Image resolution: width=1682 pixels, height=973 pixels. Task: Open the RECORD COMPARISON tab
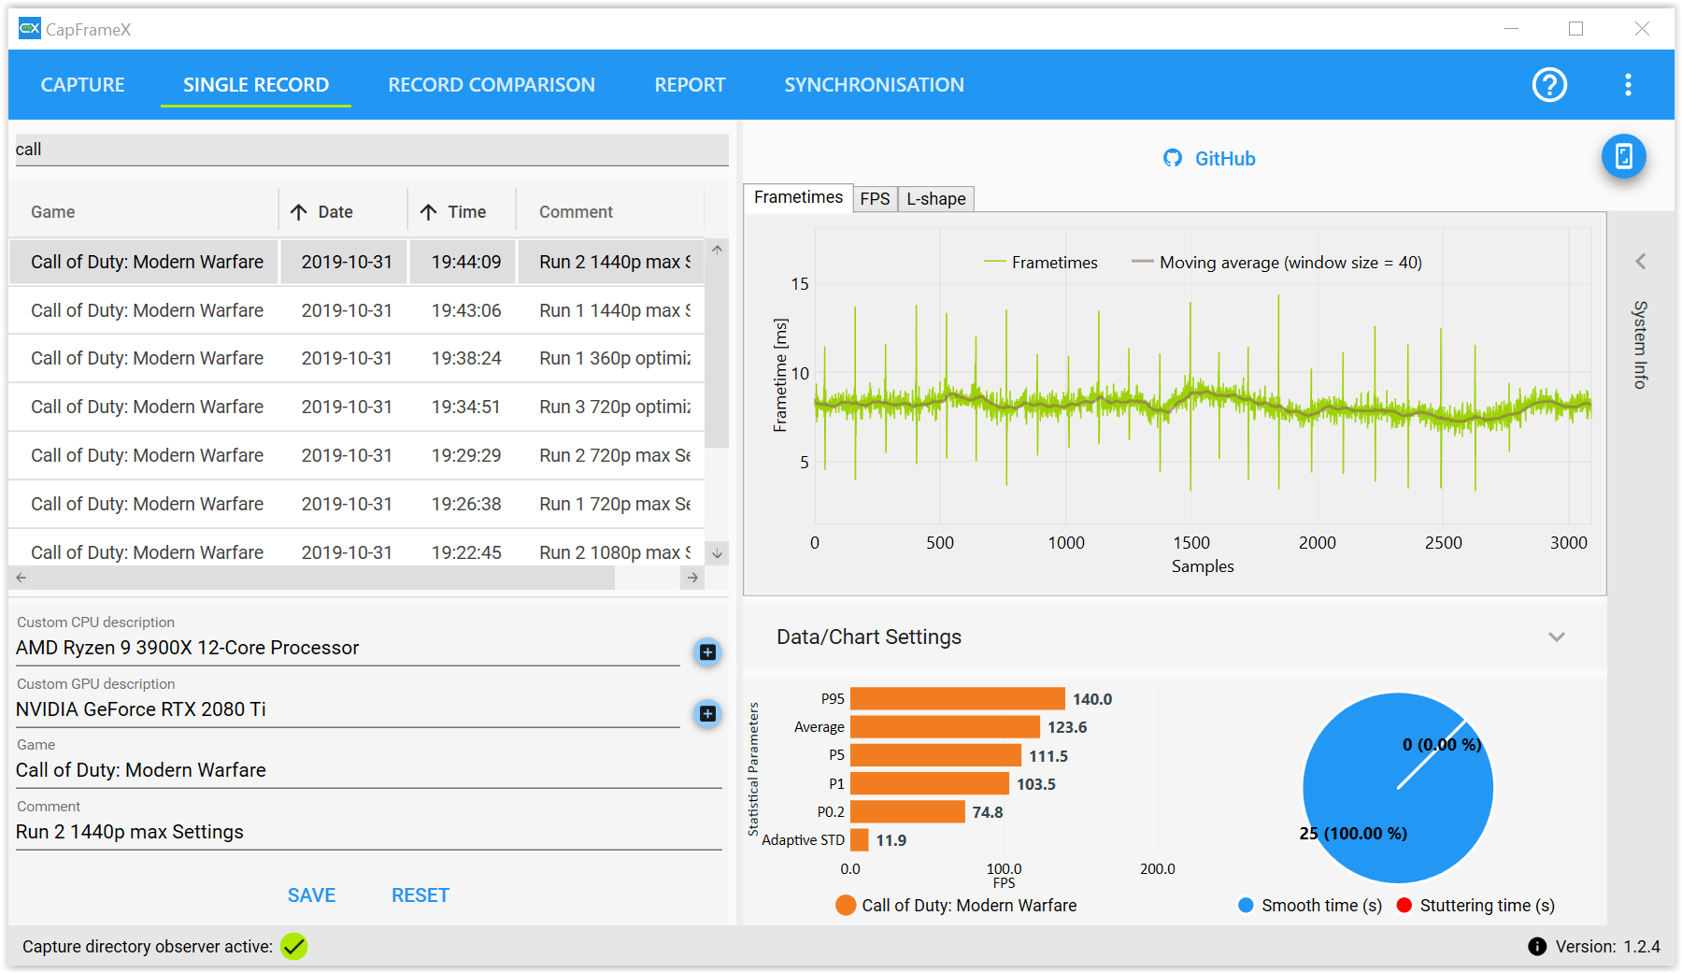click(492, 85)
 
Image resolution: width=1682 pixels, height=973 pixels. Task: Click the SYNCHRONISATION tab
click(874, 85)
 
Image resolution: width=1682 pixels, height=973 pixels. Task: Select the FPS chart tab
click(875, 199)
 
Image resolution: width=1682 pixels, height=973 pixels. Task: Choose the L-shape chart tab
click(935, 199)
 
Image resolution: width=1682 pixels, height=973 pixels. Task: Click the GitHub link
click(1209, 159)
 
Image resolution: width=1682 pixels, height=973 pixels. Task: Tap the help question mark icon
click(1549, 85)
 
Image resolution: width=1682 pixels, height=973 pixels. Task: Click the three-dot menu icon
click(1628, 85)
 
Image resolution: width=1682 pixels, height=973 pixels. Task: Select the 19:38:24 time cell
click(466, 358)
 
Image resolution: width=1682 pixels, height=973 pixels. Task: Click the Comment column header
click(576, 212)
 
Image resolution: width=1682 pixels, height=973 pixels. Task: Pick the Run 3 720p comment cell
click(615, 407)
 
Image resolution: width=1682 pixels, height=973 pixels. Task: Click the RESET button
click(420, 895)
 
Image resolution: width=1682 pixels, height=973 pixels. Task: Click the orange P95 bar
click(958, 699)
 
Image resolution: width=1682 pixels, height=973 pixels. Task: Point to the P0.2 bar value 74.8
click(988, 812)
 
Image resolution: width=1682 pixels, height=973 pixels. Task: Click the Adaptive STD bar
click(860, 840)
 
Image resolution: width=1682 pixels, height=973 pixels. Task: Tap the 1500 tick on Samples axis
click(1191, 543)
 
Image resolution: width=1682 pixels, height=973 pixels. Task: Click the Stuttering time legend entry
click(1475, 906)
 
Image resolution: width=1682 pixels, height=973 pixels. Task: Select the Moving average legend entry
click(1276, 263)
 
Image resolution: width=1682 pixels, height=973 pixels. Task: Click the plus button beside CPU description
click(707, 652)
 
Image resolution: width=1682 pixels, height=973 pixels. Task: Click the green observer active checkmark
click(294, 947)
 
